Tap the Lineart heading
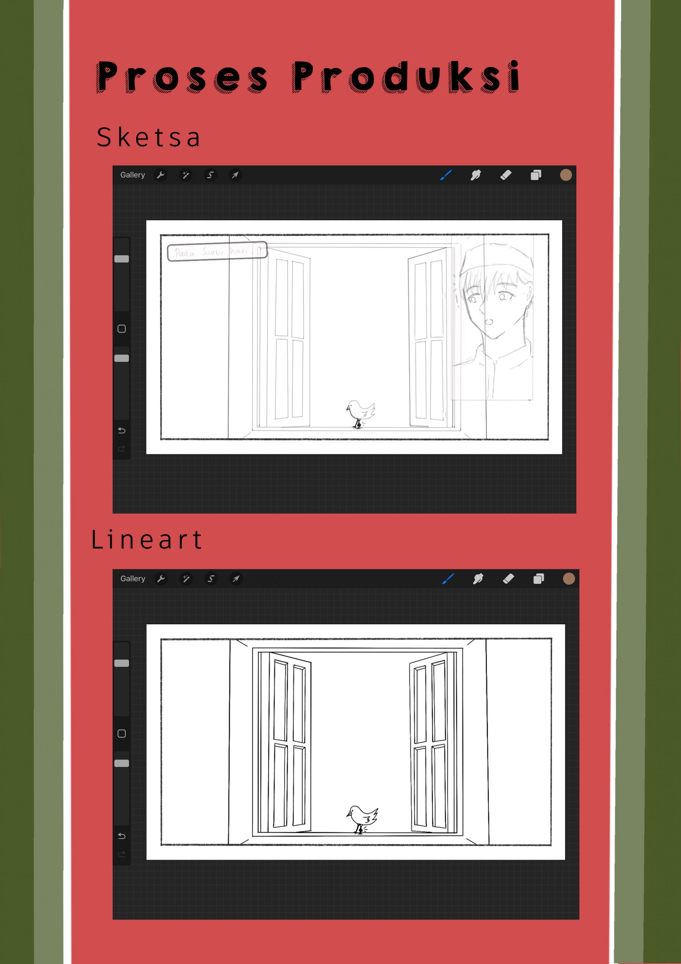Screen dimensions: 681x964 (146, 539)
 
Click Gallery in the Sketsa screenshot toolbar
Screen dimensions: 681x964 (132, 175)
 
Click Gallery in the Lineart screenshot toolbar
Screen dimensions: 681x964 (132, 578)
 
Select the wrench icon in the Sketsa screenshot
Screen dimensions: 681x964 (161, 175)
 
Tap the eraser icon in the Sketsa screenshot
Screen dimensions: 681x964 (506, 175)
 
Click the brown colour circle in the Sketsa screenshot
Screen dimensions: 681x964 (565, 175)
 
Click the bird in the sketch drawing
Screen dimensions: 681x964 (360, 413)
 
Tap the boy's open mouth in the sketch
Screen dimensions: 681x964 (489, 322)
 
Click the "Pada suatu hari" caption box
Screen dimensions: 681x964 (217, 251)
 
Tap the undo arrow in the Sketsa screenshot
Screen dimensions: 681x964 (122, 430)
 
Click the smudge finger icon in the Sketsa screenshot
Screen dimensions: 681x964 (476, 175)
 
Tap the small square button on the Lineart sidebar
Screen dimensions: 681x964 (122, 734)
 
